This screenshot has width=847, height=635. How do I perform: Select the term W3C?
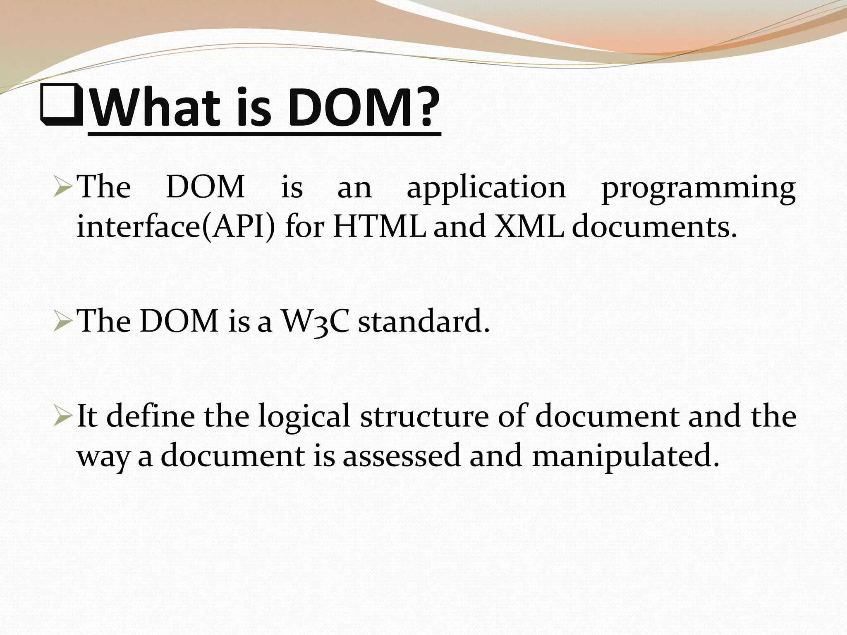coord(315,322)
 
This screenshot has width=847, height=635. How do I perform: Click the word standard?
coord(424,321)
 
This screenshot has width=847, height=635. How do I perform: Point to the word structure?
coord(424,416)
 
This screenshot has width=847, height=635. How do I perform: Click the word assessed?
coord(401,456)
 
